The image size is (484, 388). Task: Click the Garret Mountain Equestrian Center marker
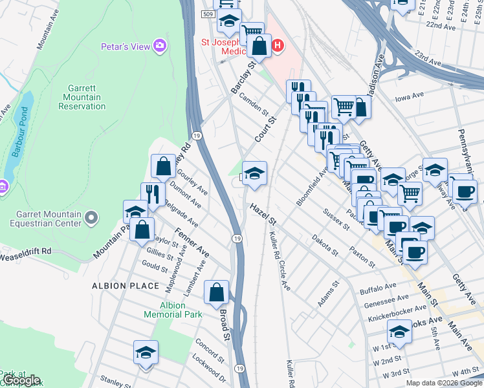[91, 217]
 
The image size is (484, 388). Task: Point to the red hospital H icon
[278, 45]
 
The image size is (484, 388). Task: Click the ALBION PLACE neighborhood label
[126, 285]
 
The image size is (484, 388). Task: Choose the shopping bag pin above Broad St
[216, 292]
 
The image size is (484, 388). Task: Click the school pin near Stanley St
[146, 352]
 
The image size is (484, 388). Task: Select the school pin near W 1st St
[399, 333]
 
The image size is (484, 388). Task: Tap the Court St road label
[265, 129]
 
